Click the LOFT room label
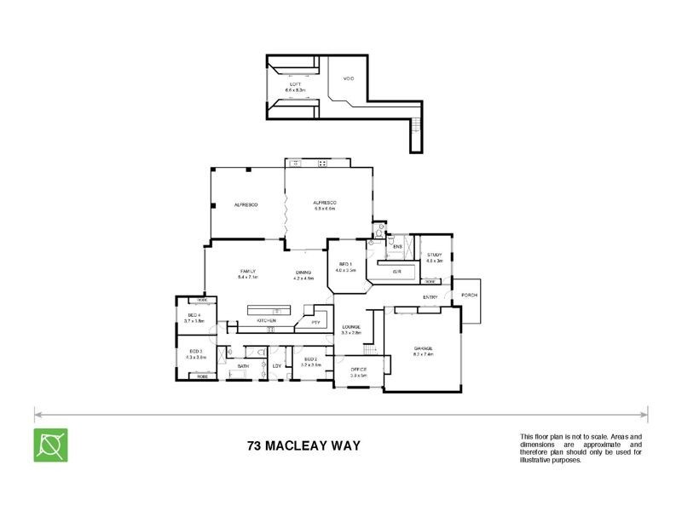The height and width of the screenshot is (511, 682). click(x=296, y=84)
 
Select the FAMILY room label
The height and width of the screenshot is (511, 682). click(x=247, y=271)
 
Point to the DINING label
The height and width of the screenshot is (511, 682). click(x=303, y=272)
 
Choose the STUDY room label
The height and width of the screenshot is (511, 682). click(x=435, y=255)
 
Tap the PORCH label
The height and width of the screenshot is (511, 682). click(x=469, y=296)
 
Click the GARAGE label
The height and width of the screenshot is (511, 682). click(x=424, y=349)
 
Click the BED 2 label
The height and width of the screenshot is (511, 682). click(x=311, y=359)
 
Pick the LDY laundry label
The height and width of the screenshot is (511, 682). click(x=277, y=366)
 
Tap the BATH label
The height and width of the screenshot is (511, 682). click(x=243, y=366)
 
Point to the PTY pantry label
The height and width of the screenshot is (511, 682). click(x=315, y=322)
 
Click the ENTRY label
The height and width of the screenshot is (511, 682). click(x=431, y=296)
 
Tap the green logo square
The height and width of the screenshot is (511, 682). click(x=50, y=445)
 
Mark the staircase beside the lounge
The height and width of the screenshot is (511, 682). click(x=369, y=350)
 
